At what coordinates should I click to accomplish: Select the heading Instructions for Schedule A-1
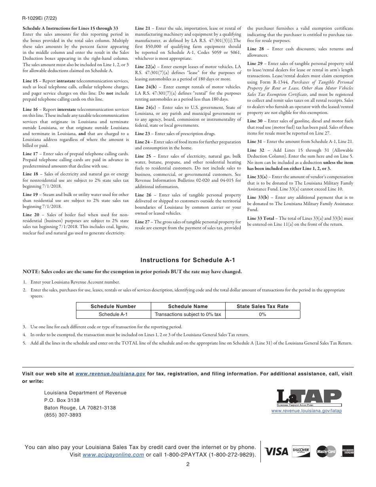188,260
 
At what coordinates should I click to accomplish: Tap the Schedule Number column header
113,306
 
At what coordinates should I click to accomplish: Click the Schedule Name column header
188,306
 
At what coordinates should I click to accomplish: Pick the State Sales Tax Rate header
262,306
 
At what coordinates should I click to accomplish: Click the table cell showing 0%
262,314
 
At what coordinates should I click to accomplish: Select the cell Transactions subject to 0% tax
188,314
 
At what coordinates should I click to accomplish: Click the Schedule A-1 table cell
113,314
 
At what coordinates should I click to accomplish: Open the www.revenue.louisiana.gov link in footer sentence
110,373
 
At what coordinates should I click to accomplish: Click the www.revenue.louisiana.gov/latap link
306,411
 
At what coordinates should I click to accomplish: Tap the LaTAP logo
309,398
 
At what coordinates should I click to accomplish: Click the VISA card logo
276,451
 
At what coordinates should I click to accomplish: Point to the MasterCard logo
326,451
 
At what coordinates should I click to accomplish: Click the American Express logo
348,451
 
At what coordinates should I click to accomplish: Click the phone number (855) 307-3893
63,415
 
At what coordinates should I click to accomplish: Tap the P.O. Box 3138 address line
62,400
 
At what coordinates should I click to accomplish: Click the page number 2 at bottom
188,464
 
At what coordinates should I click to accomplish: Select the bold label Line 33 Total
261,218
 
